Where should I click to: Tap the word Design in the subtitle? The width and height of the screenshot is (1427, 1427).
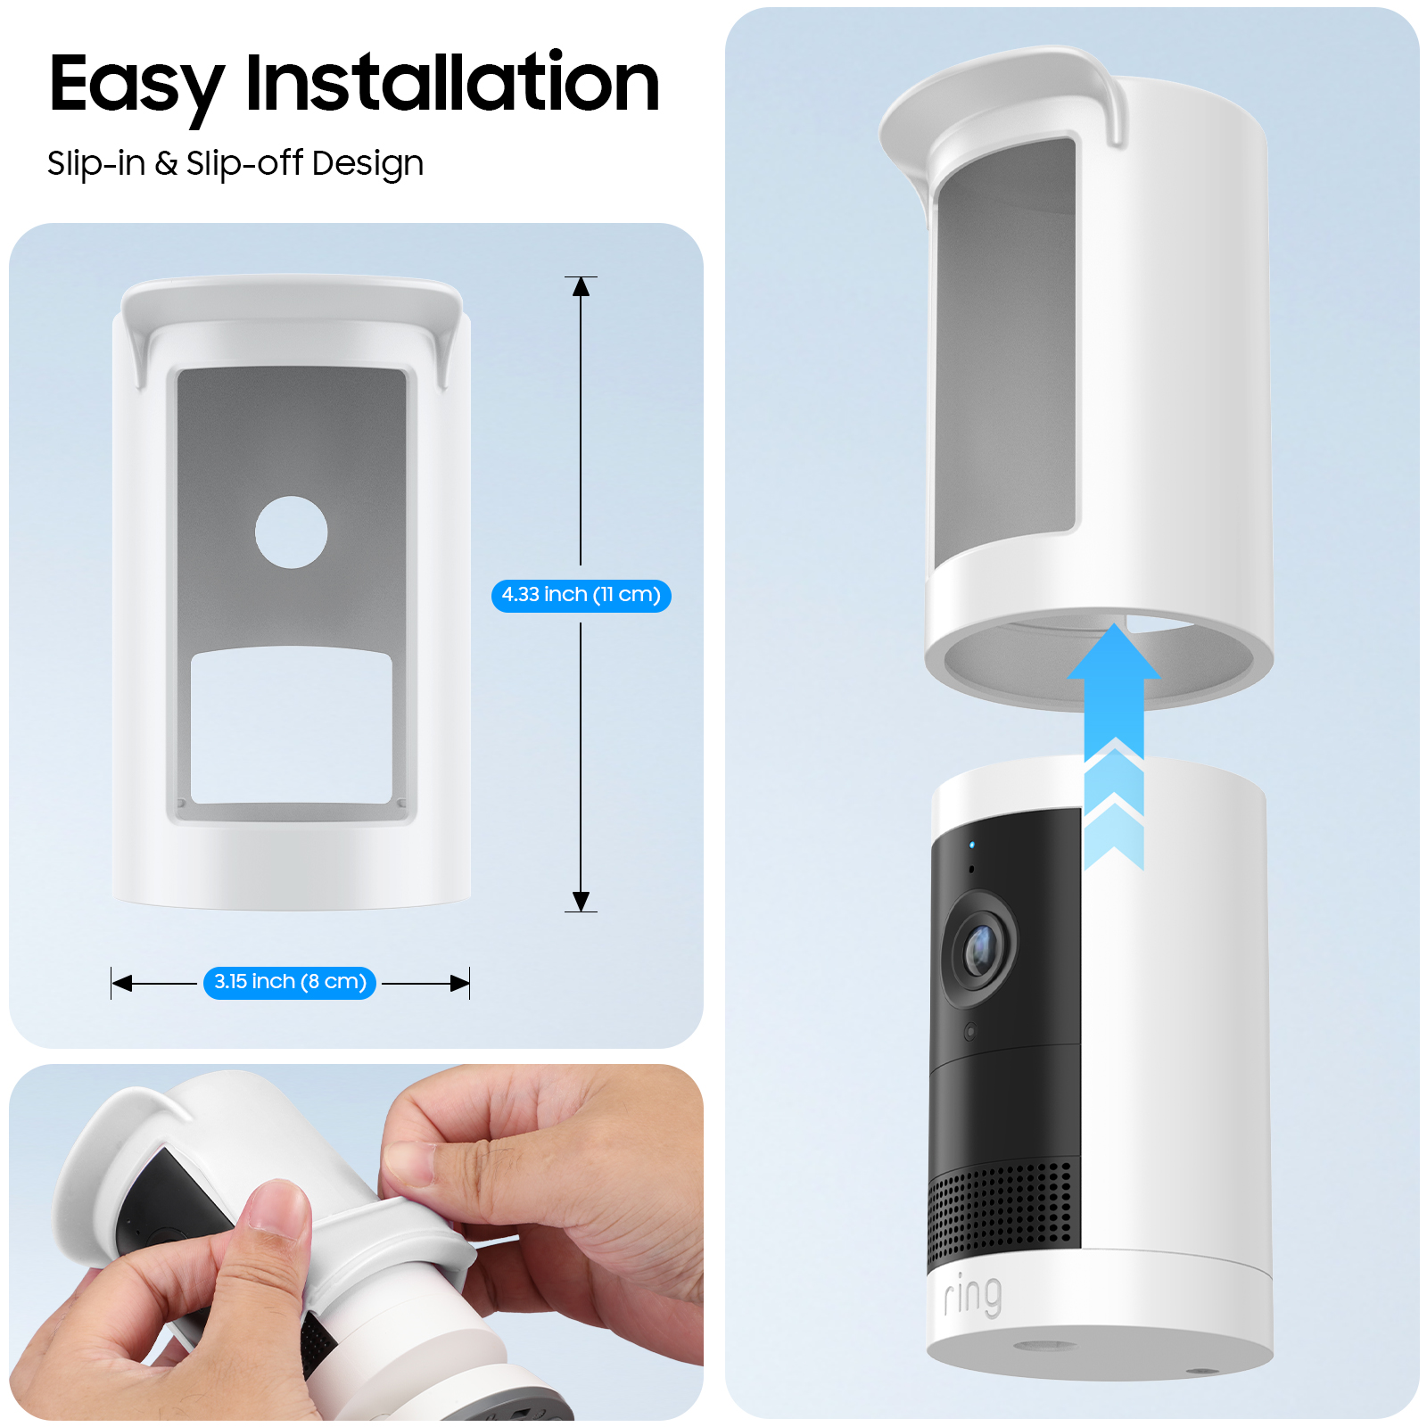coord(367,164)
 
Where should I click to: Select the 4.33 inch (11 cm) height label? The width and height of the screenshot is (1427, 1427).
coord(581,595)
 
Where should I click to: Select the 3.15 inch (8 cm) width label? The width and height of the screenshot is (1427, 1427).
coord(290,982)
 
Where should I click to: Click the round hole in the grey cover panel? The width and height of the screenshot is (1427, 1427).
coord(291,532)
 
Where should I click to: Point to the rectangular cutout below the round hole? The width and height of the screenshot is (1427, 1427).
coord(291,726)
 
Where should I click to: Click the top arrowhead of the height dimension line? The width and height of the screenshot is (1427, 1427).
coord(581,286)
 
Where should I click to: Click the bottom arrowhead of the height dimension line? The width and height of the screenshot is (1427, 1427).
coord(581,901)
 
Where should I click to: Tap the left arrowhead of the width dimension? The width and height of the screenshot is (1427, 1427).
coord(122,983)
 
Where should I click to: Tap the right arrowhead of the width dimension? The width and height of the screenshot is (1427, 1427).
coord(459,983)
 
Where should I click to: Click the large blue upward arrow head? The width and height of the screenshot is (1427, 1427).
coord(1114,654)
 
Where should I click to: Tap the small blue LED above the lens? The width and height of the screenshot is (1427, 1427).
coord(972,845)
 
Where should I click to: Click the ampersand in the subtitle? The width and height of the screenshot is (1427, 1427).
coord(166,163)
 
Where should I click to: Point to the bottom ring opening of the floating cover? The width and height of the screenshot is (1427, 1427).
coord(1098,660)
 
